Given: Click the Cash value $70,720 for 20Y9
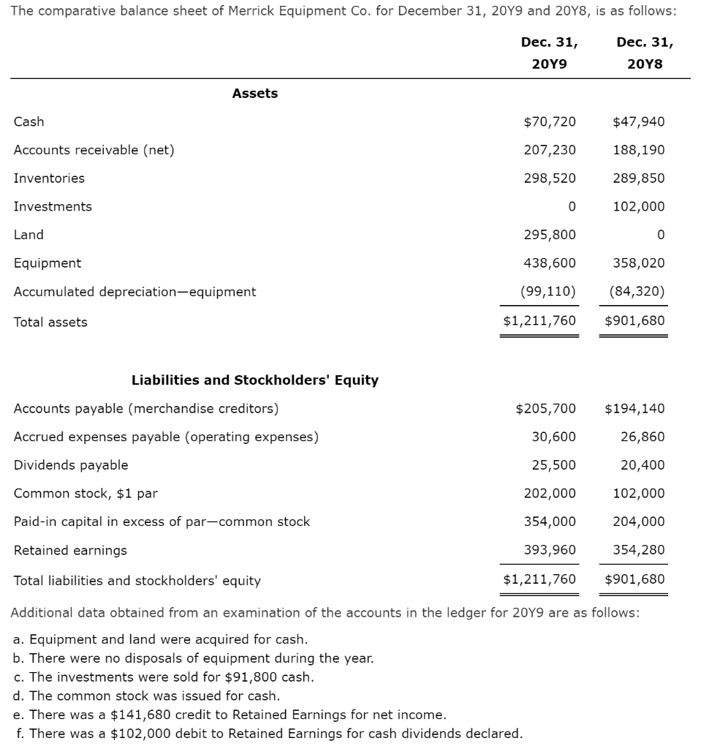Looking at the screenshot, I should (550, 121).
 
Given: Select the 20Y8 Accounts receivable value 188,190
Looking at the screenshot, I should (639, 150).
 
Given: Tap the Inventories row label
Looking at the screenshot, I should (49, 178).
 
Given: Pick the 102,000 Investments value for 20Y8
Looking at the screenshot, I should (639, 206).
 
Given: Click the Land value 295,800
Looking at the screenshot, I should (550, 235).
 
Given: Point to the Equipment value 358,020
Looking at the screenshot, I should (639, 263).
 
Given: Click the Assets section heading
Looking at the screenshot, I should (254, 94).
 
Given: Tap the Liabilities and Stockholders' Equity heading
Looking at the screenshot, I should (254, 380).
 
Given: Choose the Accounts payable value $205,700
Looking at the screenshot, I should (545, 408).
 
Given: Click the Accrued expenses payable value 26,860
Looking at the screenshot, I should (643, 437).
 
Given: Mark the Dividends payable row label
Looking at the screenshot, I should (71, 465).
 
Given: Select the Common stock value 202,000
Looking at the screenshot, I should (550, 493).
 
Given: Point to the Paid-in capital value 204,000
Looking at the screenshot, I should (639, 522).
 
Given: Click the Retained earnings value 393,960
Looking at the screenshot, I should (550, 550).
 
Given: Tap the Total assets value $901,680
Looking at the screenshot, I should (634, 321).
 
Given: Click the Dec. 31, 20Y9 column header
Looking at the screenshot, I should (548, 53).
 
